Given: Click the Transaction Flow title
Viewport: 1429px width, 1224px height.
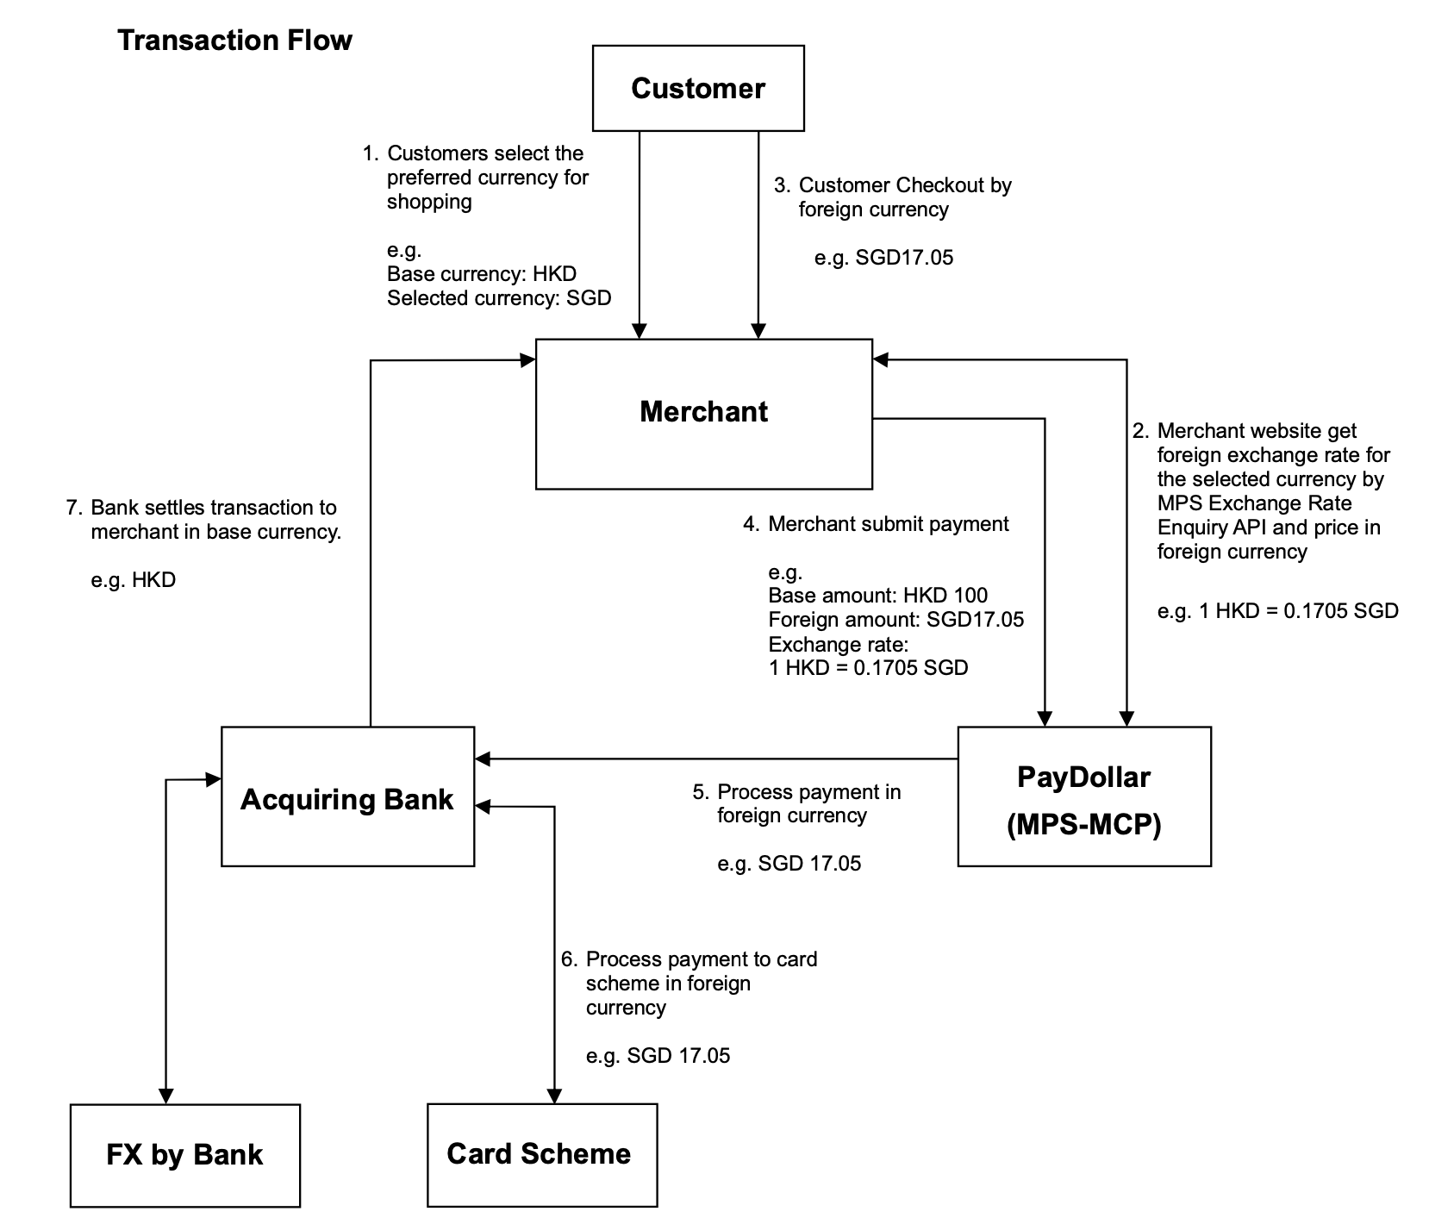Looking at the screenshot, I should click(x=234, y=41).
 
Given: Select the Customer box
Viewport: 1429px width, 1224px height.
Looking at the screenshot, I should click(x=698, y=89).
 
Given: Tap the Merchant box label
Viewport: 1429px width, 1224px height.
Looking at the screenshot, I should click(x=703, y=412).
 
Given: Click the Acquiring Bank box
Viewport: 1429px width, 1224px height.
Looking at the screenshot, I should click(x=347, y=798).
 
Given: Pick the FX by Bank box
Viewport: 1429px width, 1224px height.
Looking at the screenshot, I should click(x=184, y=1155).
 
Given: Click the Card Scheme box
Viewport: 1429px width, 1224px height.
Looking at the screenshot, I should click(x=540, y=1154).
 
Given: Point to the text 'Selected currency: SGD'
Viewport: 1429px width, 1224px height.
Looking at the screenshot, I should click(x=499, y=298).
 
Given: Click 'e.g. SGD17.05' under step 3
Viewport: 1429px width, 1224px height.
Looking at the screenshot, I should click(x=883, y=258).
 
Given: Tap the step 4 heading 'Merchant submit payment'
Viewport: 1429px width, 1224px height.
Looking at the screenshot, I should click(x=888, y=524).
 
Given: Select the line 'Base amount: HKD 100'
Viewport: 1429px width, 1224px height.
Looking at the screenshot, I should click(x=877, y=596).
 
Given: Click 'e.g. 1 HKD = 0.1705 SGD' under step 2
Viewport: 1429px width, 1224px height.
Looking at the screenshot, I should click(x=1277, y=611).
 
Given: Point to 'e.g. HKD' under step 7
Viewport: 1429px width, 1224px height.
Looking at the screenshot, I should click(x=133, y=580).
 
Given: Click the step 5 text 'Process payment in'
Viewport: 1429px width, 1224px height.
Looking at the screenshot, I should click(x=808, y=792).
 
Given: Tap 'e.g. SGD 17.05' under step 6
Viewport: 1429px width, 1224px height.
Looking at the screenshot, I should click(x=658, y=1056).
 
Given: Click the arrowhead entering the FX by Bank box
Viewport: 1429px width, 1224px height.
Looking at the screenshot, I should click(x=165, y=1096).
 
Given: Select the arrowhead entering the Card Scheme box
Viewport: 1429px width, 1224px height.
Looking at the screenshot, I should click(x=554, y=1096).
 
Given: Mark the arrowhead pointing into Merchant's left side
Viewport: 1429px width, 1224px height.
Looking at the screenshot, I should click(x=527, y=360).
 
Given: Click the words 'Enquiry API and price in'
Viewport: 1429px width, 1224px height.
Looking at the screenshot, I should click(x=1268, y=528).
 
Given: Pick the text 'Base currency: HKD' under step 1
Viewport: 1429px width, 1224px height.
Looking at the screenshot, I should click(x=481, y=274).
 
